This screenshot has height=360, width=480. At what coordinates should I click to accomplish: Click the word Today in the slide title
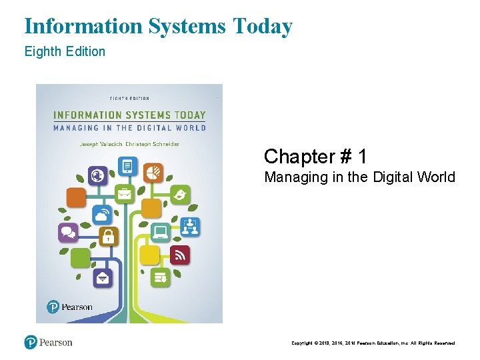(x=263, y=27)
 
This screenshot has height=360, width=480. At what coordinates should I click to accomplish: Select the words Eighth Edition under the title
(x=65, y=51)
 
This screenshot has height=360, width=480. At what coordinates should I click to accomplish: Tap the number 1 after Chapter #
(x=362, y=157)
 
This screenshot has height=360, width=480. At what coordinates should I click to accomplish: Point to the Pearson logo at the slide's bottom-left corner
(x=49, y=343)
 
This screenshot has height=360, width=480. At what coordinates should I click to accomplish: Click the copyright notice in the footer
(x=373, y=343)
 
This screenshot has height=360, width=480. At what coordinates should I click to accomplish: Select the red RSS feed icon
(x=179, y=255)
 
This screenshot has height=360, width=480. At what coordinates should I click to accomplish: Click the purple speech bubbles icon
(x=69, y=232)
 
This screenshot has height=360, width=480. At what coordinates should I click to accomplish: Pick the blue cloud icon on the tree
(x=102, y=215)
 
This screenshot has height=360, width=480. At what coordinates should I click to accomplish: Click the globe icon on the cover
(x=98, y=176)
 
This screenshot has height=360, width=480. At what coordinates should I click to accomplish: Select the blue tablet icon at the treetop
(x=128, y=165)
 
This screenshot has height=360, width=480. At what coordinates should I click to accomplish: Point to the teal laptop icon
(x=161, y=232)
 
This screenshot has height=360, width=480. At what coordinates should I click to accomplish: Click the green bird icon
(x=180, y=195)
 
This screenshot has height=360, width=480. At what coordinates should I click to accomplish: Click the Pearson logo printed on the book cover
(x=71, y=307)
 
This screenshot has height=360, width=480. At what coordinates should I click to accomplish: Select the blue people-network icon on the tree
(x=190, y=227)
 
